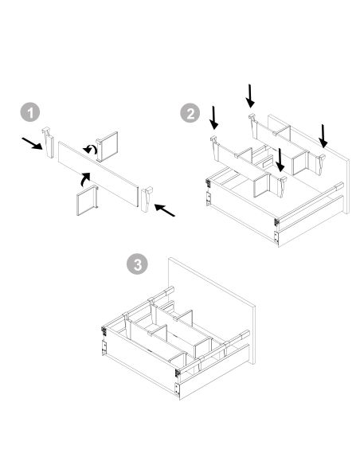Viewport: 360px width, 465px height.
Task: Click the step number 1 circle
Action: (31, 112)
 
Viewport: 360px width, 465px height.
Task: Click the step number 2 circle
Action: (190, 113)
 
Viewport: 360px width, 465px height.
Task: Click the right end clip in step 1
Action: (145, 200)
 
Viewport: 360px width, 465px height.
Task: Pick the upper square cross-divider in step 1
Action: (107, 144)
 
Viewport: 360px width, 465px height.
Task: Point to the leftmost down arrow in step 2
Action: (213, 117)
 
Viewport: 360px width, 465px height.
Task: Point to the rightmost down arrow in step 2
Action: (323, 135)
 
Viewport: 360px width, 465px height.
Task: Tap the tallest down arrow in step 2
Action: (251, 96)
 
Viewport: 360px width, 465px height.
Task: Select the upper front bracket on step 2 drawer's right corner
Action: (276, 222)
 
